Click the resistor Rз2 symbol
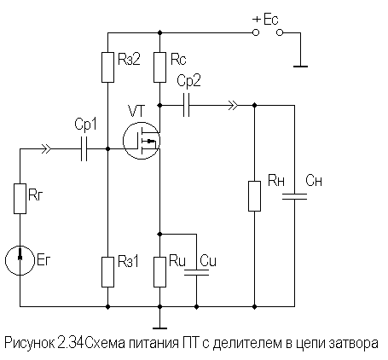[108, 67]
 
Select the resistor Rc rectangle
[159, 67]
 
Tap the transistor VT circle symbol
[140, 139]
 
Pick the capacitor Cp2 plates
[188, 106]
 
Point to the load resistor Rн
[254, 194]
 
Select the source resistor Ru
[159, 271]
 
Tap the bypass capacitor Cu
[197, 272]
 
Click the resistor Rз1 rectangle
[108, 271]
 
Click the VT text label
[136, 111]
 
